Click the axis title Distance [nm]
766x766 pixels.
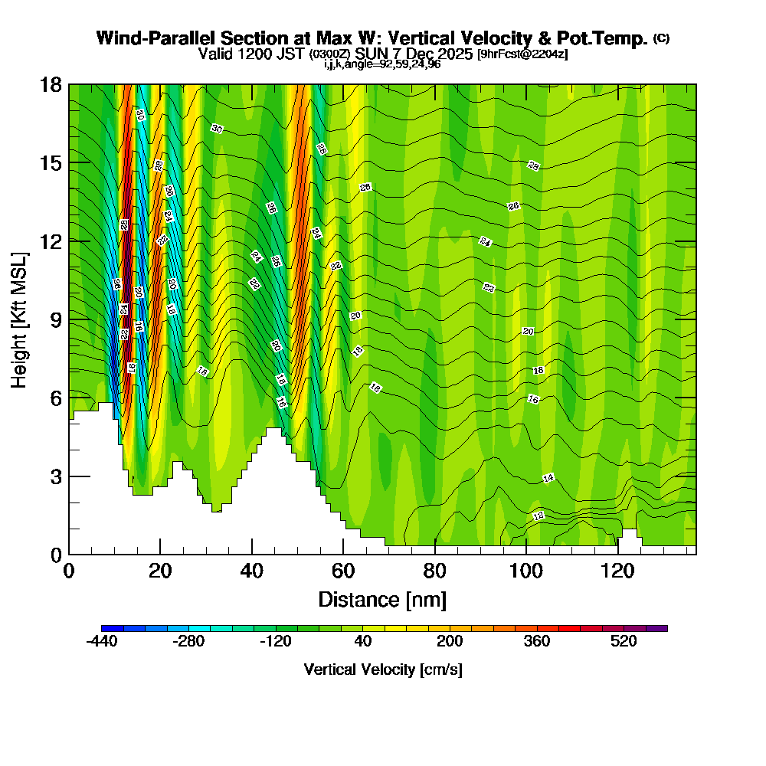coord(382,599)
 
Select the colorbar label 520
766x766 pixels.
coord(624,641)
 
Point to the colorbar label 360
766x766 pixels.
coord(537,641)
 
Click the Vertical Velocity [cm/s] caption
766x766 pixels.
coord(383,669)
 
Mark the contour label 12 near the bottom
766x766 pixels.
coord(538,516)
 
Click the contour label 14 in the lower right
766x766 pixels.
coord(548,478)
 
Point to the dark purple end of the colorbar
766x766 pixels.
coord(657,628)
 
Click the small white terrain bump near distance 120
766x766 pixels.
coord(629,535)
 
